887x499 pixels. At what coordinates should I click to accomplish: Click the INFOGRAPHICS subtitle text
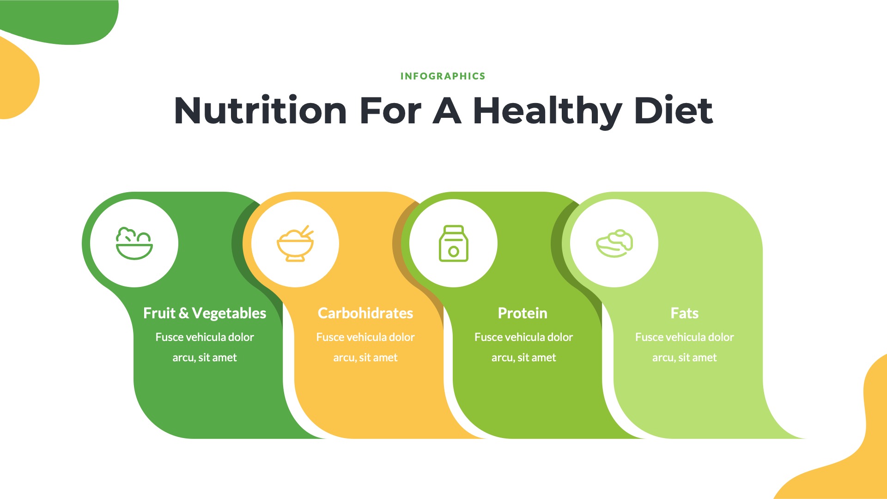(x=443, y=76)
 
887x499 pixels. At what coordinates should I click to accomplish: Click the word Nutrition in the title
(x=260, y=111)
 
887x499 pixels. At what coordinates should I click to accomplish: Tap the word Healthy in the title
(x=547, y=111)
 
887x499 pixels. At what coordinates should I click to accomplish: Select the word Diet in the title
(x=674, y=111)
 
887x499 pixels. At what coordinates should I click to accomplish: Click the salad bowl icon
(x=134, y=243)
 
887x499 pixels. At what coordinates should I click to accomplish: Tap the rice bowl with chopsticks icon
(x=295, y=243)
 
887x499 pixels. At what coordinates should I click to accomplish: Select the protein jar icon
(x=453, y=243)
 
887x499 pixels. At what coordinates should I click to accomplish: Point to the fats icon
(x=614, y=243)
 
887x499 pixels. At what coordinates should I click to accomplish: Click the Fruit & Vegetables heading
(x=205, y=313)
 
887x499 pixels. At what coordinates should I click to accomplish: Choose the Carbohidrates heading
(x=365, y=313)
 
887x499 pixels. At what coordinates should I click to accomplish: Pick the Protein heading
(x=522, y=313)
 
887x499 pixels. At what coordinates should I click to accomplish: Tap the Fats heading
(x=684, y=313)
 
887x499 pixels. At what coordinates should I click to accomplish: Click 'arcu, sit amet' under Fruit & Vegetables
(x=205, y=358)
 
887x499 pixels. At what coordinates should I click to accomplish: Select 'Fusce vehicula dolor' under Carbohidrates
(x=365, y=337)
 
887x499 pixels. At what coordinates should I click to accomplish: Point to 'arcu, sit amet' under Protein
(x=523, y=358)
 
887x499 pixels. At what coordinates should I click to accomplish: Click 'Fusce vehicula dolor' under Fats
(x=684, y=337)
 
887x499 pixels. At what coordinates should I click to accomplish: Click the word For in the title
(x=390, y=111)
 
